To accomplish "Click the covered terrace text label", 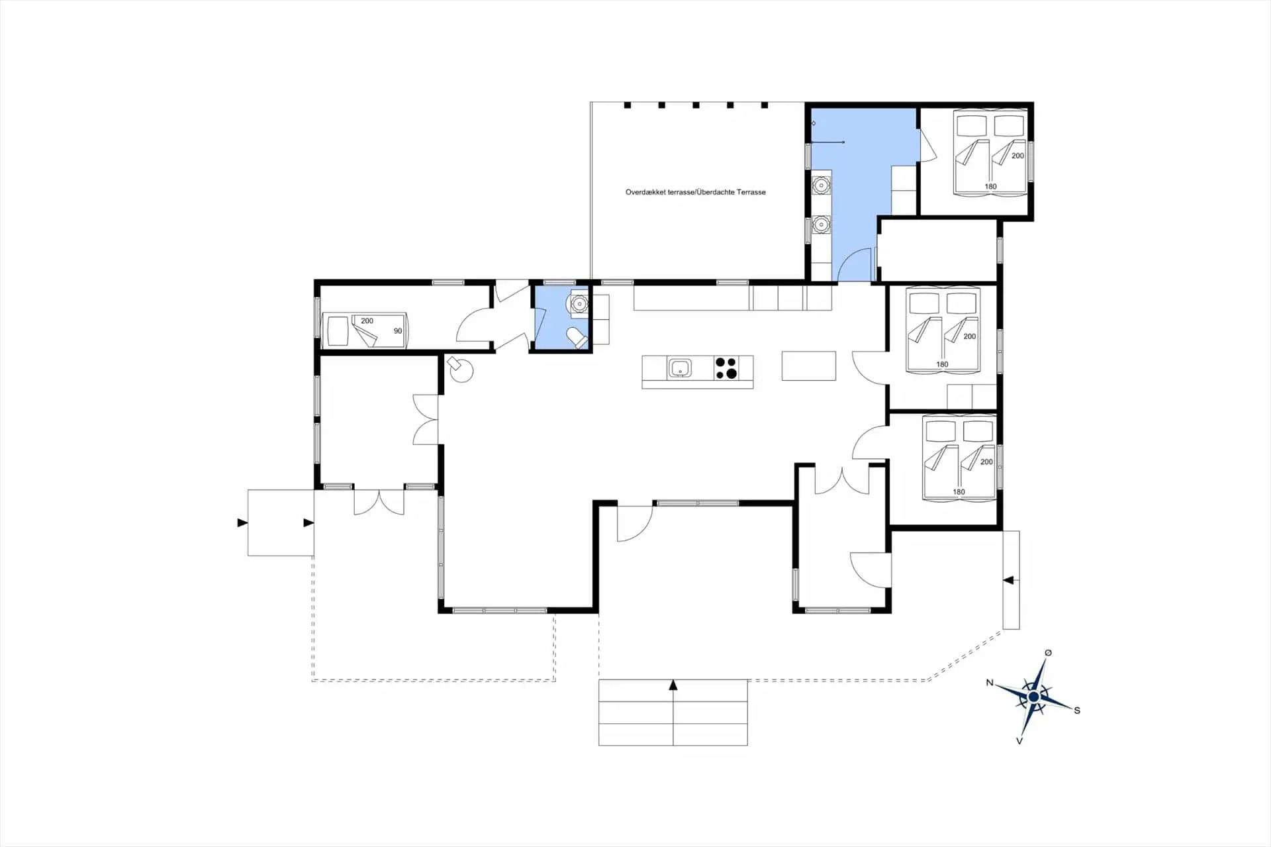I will click(x=695, y=192).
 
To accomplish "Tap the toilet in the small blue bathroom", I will click(x=577, y=338).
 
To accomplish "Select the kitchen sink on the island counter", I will click(x=679, y=368).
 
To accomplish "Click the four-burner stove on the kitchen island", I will click(x=726, y=368).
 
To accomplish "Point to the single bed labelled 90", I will click(x=365, y=330).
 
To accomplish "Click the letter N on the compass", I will click(x=990, y=683).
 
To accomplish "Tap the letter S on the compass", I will click(x=1077, y=710).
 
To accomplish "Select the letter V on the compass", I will click(x=1019, y=741).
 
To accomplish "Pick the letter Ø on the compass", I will click(x=1048, y=653).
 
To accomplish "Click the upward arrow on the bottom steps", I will click(x=673, y=685).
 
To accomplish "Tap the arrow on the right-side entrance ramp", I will click(x=1008, y=581).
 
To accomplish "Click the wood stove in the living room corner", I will click(x=460, y=370).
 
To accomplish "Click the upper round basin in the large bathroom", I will click(x=821, y=184).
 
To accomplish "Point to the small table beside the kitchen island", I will click(x=808, y=366).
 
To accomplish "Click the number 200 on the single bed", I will click(x=367, y=321).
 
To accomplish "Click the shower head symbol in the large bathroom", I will click(x=843, y=142).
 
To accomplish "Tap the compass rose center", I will click(x=1033, y=697).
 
